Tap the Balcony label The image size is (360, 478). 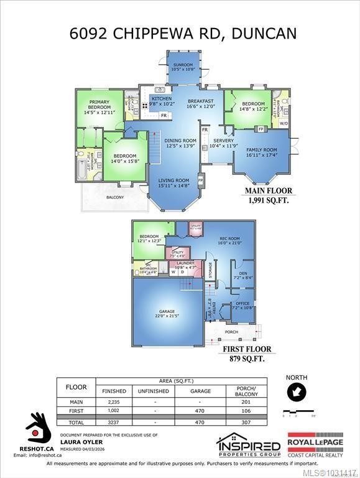pos(114,197)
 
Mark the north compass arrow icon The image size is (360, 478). pos(296,392)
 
